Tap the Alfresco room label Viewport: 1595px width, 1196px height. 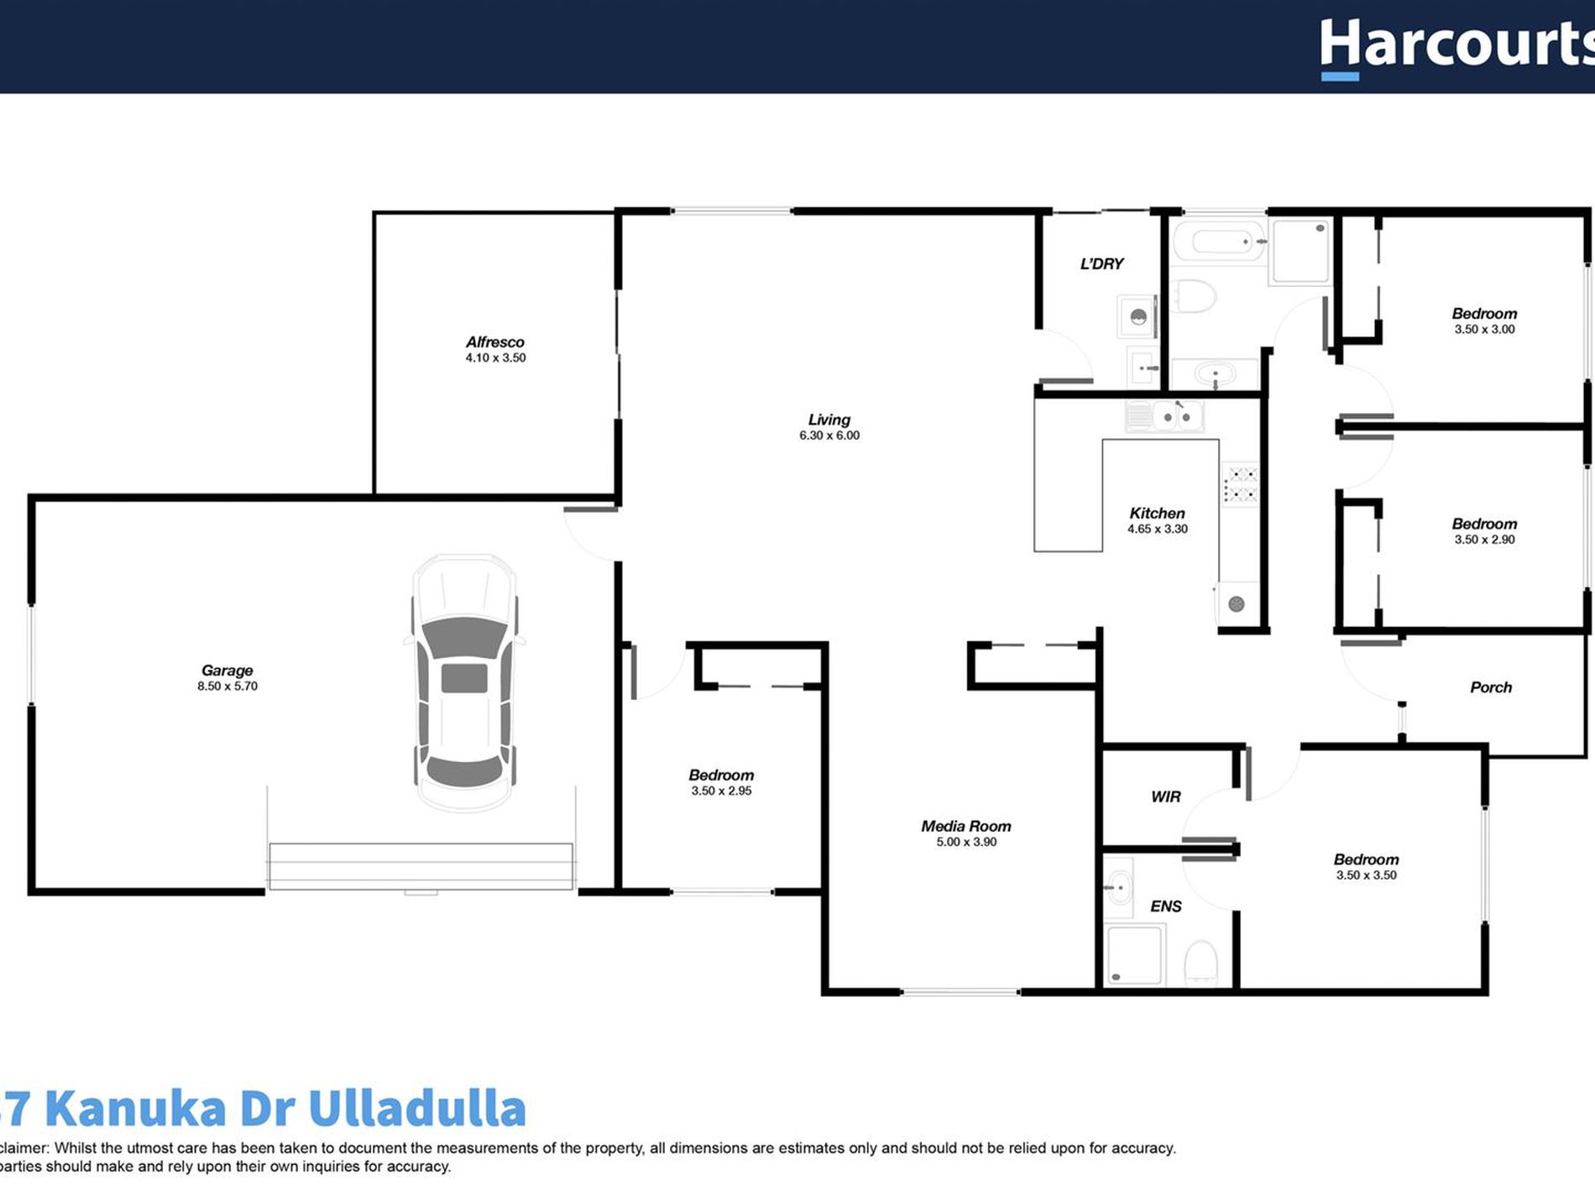(x=494, y=342)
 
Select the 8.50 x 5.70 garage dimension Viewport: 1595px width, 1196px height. (x=227, y=686)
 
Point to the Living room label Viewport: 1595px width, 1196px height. (x=829, y=420)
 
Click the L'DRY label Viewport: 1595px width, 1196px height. (x=1101, y=264)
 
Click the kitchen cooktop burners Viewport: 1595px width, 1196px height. (x=1240, y=485)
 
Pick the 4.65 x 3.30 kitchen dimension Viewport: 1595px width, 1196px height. (x=1157, y=529)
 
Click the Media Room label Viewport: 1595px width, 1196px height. (x=965, y=826)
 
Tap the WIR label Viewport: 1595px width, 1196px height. (x=1165, y=796)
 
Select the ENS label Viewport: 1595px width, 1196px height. (x=1165, y=906)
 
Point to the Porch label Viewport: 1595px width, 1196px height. (x=1490, y=687)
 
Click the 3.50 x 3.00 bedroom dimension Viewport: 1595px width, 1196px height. (x=1484, y=329)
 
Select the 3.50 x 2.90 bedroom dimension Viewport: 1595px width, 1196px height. (x=1484, y=539)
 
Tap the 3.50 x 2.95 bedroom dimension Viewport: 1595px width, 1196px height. (x=721, y=791)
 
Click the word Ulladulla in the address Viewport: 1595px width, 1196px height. (x=416, y=1109)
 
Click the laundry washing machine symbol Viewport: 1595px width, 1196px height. (x=1138, y=316)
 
